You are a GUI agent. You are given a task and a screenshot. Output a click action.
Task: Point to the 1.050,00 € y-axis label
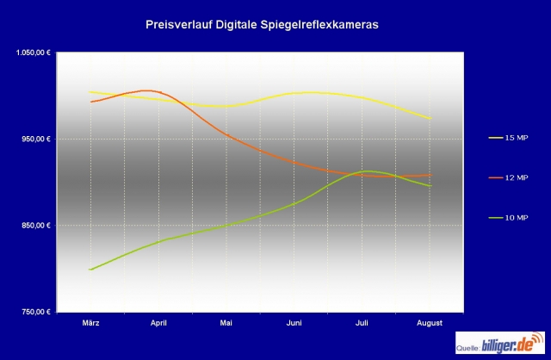34,53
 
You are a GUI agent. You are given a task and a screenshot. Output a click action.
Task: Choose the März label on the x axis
91,323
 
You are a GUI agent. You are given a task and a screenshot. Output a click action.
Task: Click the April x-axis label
158,323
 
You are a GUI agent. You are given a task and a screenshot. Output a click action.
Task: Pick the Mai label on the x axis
226,323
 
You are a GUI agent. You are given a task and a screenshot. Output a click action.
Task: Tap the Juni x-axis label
294,323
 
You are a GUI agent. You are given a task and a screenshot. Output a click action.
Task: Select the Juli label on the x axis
362,323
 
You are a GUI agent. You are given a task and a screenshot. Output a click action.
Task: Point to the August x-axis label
429,323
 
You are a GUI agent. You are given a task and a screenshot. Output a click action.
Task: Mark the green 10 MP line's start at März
90,269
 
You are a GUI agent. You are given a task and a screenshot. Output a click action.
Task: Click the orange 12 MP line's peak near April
146,90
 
